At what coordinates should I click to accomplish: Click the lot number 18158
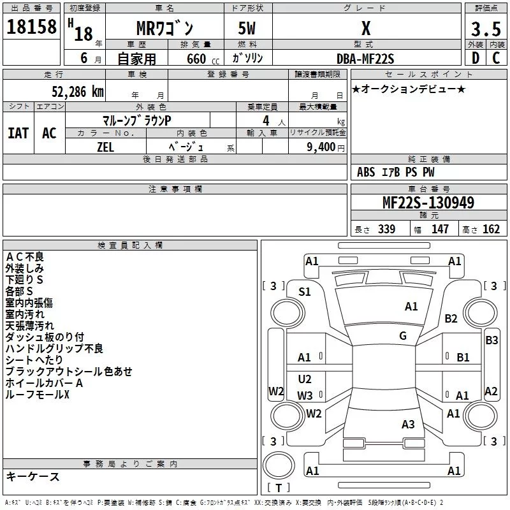(31, 27)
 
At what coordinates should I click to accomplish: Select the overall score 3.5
(486, 29)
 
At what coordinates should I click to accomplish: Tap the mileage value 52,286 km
(78, 92)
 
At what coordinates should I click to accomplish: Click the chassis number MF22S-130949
(428, 203)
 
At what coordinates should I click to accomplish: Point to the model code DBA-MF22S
(365, 59)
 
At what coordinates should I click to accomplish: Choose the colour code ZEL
(105, 147)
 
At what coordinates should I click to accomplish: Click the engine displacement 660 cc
(203, 59)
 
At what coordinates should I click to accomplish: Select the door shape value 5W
(247, 28)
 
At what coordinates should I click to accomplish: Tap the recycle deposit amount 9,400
(321, 147)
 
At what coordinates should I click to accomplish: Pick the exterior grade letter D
(476, 58)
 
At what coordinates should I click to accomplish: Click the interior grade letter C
(496, 58)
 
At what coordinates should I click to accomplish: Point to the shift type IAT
(18, 133)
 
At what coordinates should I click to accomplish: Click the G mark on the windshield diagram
(403, 336)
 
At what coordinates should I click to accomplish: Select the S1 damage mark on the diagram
(305, 292)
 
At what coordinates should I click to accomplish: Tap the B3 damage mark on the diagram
(492, 340)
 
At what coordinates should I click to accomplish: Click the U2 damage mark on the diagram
(305, 379)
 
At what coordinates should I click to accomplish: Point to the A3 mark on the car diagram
(408, 424)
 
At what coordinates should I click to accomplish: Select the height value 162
(491, 229)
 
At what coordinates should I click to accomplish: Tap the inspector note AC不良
(25, 257)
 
